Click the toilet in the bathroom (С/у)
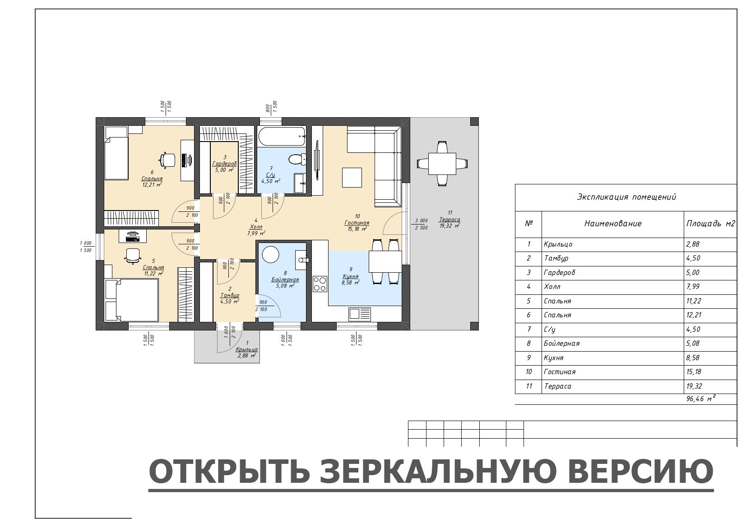(297, 160)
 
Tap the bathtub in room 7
(282, 136)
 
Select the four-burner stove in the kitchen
(320, 284)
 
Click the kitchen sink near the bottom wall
(360, 314)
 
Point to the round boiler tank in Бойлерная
(270, 255)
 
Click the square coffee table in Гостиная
(352, 178)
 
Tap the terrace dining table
(442, 164)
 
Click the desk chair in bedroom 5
(133, 255)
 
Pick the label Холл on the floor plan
(256, 227)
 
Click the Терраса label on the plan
(449, 220)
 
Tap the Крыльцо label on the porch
(246, 349)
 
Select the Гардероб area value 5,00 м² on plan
(224, 170)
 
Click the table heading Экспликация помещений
(626, 197)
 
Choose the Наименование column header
(613, 224)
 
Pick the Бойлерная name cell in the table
(561, 344)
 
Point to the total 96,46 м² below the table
(701, 399)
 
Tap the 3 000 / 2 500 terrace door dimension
(422, 224)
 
